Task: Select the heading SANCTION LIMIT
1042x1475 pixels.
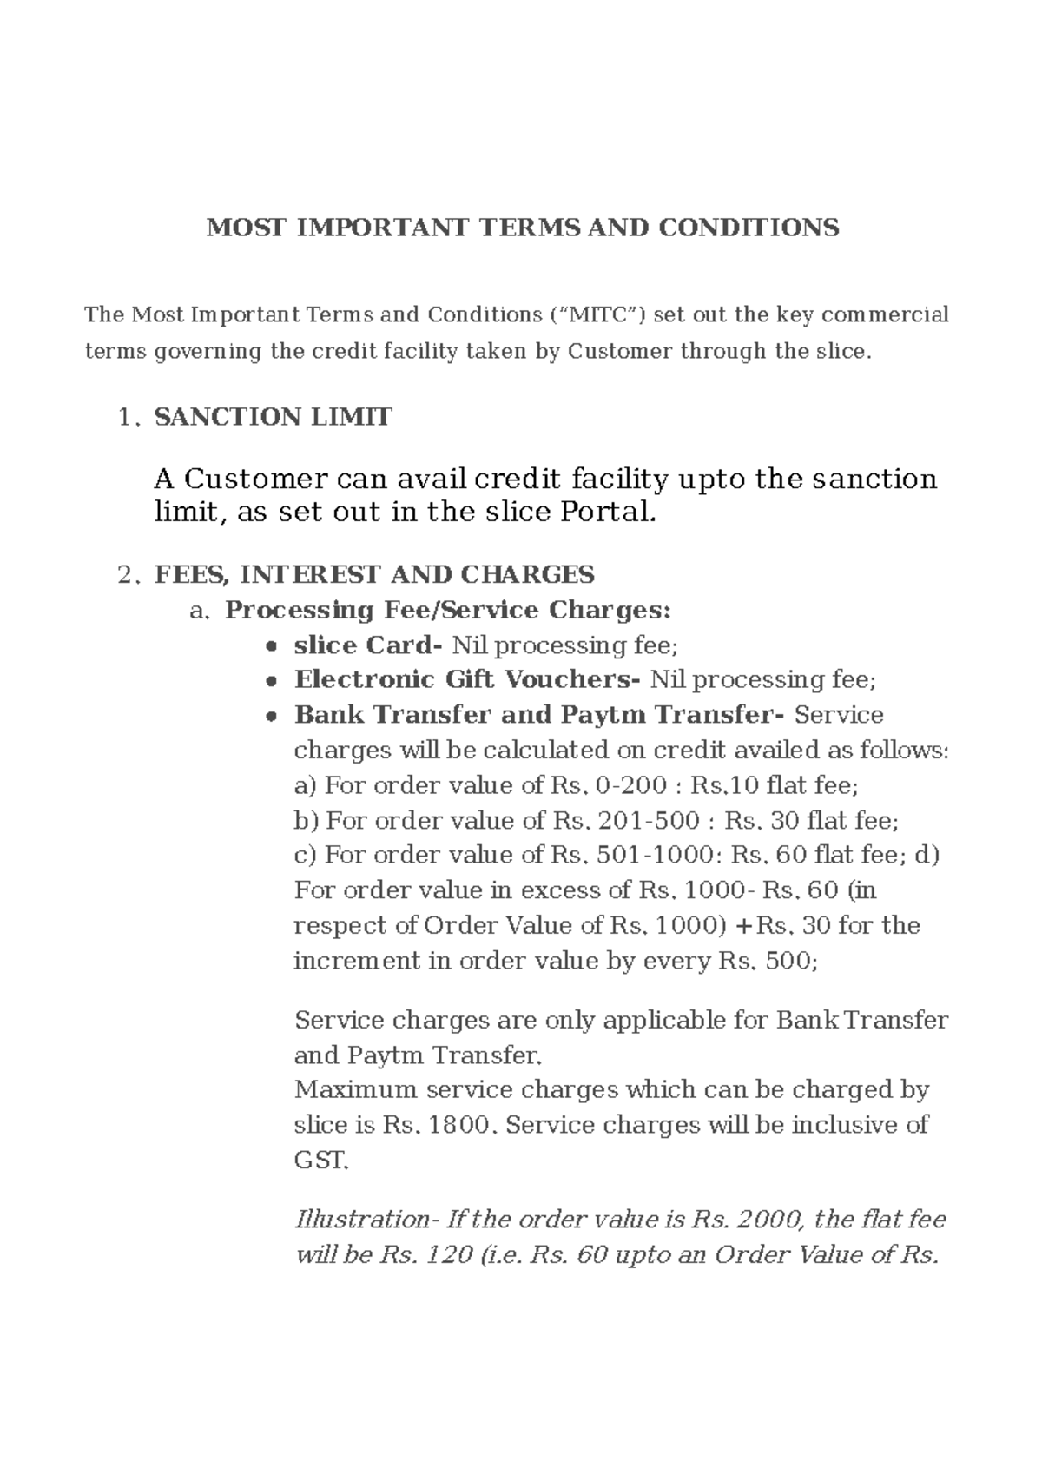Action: pos(273,417)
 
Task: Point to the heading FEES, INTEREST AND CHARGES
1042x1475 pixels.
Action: pos(374,574)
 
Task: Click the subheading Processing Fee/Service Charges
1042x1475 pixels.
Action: pos(447,610)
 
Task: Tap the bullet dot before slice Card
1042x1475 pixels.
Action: pos(272,647)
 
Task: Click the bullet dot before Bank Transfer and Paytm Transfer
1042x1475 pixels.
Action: pos(272,718)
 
